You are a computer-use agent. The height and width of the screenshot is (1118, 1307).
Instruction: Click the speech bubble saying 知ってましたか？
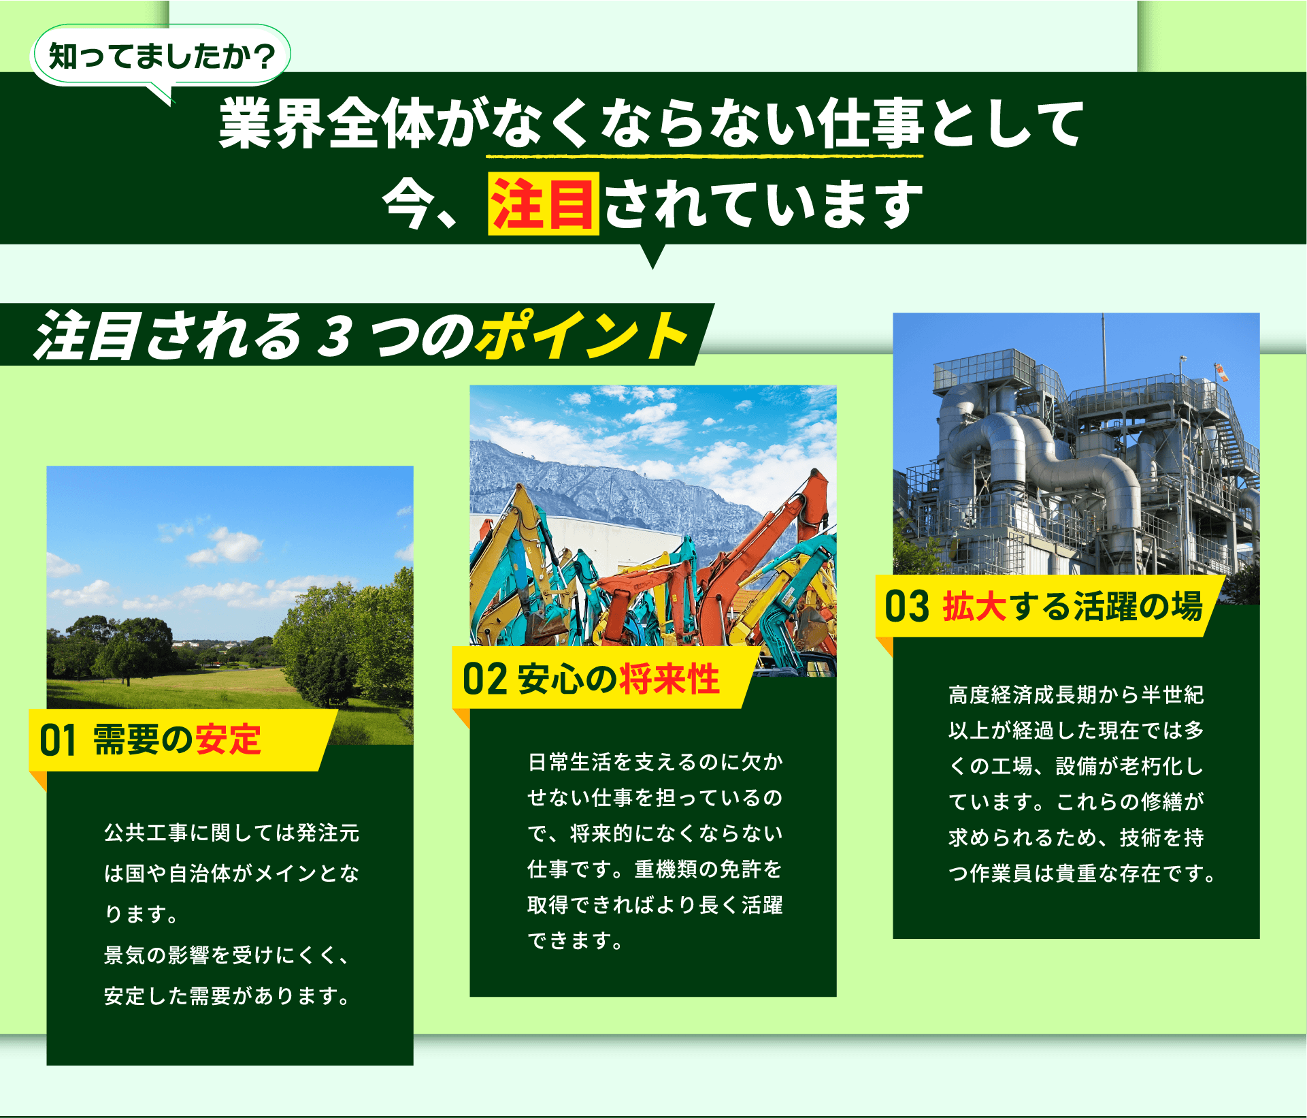[x=161, y=56]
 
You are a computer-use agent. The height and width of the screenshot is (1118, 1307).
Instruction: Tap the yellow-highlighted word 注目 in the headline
[x=544, y=204]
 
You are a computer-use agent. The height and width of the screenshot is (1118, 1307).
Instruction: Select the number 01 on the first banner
[x=57, y=740]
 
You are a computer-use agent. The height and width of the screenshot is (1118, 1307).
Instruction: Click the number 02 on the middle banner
[x=484, y=679]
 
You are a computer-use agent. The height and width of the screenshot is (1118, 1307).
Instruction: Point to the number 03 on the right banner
[x=906, y=606]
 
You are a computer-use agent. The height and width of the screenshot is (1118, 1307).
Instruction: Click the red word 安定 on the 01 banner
[x=228, y=739]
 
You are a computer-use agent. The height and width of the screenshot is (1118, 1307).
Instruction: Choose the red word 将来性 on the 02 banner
[x=669, y=679]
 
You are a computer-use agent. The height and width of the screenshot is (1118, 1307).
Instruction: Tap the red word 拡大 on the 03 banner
[x=974, y=605]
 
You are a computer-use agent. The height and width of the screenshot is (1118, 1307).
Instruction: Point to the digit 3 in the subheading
[x=337, y=336]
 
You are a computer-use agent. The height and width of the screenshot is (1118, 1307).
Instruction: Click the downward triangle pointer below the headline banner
[x=652, y=256]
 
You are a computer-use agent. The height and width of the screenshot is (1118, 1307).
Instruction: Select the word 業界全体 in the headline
[x=327, y=123]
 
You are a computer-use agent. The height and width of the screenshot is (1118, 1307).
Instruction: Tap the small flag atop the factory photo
[x=1221, y=372]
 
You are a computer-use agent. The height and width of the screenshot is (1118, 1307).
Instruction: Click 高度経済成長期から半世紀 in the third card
[x=1076, y=695]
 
